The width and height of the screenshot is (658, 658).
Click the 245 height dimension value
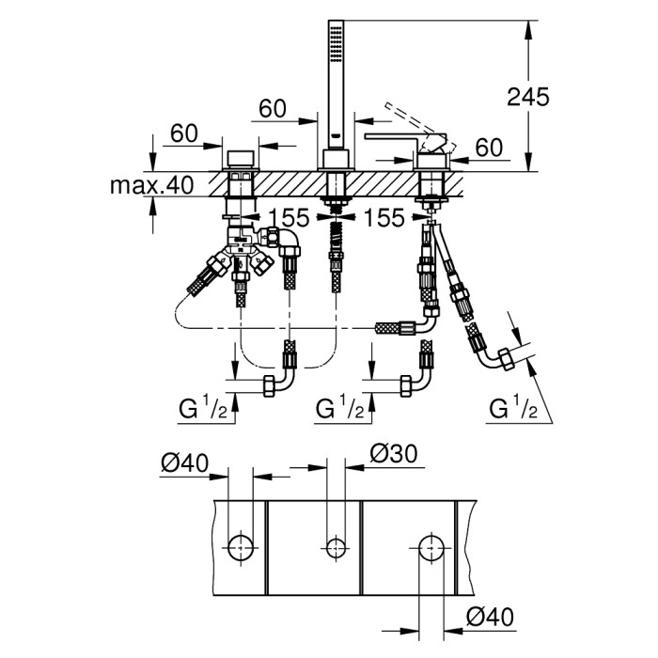click(x=527, y=96)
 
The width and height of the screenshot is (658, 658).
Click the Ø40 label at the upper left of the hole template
click(x=184, y=462)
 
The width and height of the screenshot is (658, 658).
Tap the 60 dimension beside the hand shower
click(x=273, y=109)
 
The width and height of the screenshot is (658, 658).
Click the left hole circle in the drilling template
click(x=241, y=545)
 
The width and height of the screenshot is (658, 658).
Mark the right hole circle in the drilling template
click(x=431, y=545)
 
